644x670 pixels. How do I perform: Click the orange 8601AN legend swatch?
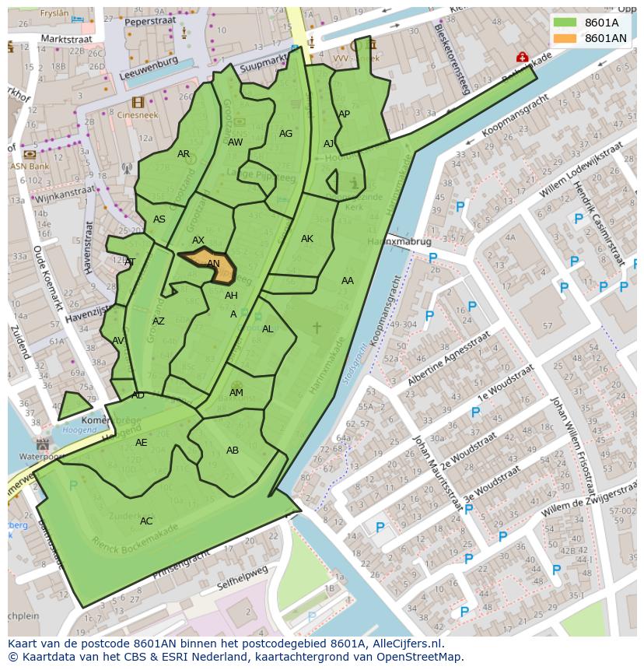tap(565, 38)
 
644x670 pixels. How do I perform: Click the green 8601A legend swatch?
tap(565, 23)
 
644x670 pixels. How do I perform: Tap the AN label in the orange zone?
tap(213, 264)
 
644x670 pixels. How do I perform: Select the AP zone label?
tap(344, 114)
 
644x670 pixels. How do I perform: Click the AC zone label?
tap(146, 521)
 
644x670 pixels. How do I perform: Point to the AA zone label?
tap(347, 281)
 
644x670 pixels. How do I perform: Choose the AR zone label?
tap(184, 154)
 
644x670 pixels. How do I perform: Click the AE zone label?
tap(141, 443)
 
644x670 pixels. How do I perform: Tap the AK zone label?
tap(307, 239)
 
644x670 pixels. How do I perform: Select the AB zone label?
tap(233, 451)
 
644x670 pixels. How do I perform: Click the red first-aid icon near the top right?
tap(522, 57)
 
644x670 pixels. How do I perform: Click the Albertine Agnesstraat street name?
tap(449, 360)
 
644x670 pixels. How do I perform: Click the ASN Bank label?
tap(30, 166)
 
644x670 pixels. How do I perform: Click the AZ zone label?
tap(159, 321)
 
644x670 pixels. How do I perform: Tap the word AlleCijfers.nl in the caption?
tap(404, 644)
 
